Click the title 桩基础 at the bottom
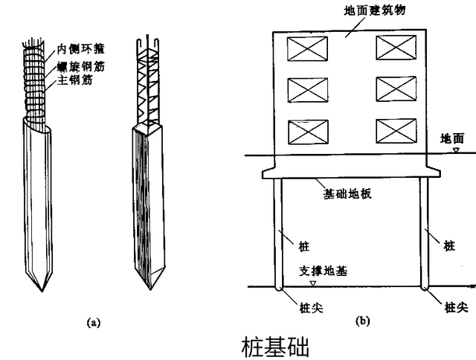[275, 347]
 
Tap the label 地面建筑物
[355, 11]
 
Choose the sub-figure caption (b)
[362, 321]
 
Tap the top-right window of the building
[393, 49]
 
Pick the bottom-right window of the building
[393, 131]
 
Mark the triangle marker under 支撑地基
[313, 283]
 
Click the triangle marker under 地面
[455, 150]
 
